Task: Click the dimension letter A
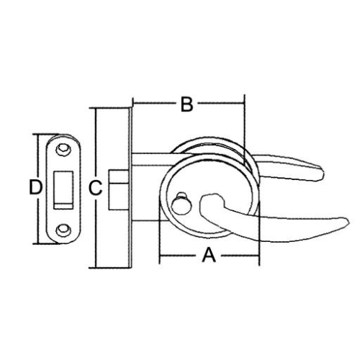pyautogui.click(x=209, y=256)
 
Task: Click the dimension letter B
pyautogui.click(x=187, y=104)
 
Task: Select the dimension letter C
pyautogui.click(x=96, y=188)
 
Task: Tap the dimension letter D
pyautogui.click(x=35, y=187)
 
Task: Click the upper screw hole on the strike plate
pyautogui.click(x=63, y=149)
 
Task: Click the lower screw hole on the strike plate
pyautogui.click(x=63, y=230)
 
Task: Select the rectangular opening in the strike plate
pyautogui.click(x=63, y=190)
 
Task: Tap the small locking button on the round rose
pyautogui.click(x=181, y=204)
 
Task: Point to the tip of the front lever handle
pyautogui.click(x=348, y=222)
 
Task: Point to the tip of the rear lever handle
pyautogui.click(x=324, y=173)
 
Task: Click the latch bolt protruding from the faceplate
pyautogui.click(x=118, y=190)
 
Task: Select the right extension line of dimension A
pyautogui.click(x=259, y=232)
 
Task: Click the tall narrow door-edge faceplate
pyautogui.click(x=130, y=188)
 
